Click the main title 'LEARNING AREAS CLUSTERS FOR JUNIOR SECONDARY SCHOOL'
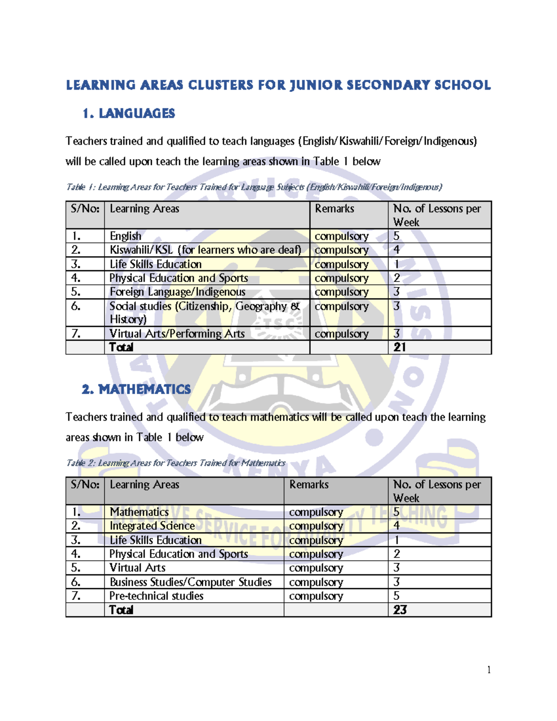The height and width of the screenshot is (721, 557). point(278,85)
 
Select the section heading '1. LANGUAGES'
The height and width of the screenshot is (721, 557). point(129,113)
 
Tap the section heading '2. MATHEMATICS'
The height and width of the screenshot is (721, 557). point(136,389)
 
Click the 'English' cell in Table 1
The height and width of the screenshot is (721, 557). point(125,236)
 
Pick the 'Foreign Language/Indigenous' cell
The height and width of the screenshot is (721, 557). point(177,292)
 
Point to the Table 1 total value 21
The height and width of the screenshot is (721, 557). point(400,347)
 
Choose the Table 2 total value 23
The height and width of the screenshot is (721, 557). point(400,610)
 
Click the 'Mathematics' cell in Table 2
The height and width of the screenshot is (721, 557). point(139,512)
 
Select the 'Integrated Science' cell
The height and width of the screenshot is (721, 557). point(152,526)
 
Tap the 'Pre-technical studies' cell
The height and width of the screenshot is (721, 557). point(156,596)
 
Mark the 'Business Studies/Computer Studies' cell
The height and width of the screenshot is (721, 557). point(190,582)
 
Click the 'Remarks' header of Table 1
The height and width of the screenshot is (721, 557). point(334,209)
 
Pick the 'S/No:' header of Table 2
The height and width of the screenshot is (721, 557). point(85,485)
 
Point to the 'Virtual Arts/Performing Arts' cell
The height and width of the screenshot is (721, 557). point(177,333)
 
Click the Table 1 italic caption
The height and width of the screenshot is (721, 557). point(254,187)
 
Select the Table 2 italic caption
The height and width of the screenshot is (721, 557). point(175,463)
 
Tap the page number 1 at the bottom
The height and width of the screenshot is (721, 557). point(489,669)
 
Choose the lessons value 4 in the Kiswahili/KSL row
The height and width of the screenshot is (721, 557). point(396,250)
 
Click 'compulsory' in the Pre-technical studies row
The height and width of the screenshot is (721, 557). point(316,596)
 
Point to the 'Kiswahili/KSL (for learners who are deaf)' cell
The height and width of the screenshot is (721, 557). point(205,250)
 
